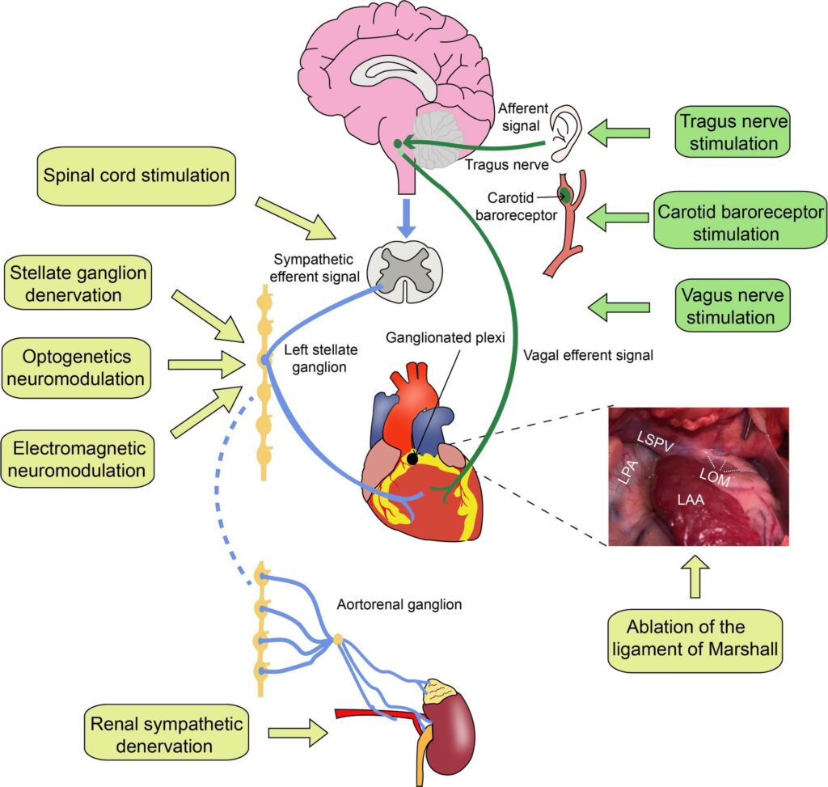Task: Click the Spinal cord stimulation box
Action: (x=136, y=174)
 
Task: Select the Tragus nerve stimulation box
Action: (x=729, y=133)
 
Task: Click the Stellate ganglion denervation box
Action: (x=78, y=284)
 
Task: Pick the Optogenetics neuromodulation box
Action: (x=78, y=367)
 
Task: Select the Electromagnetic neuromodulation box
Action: (x=78, y=459)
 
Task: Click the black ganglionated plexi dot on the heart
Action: (x=413, y=459)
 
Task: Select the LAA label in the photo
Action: (x=689, y=501)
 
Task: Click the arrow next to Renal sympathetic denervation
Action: (x=298, y=733)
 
